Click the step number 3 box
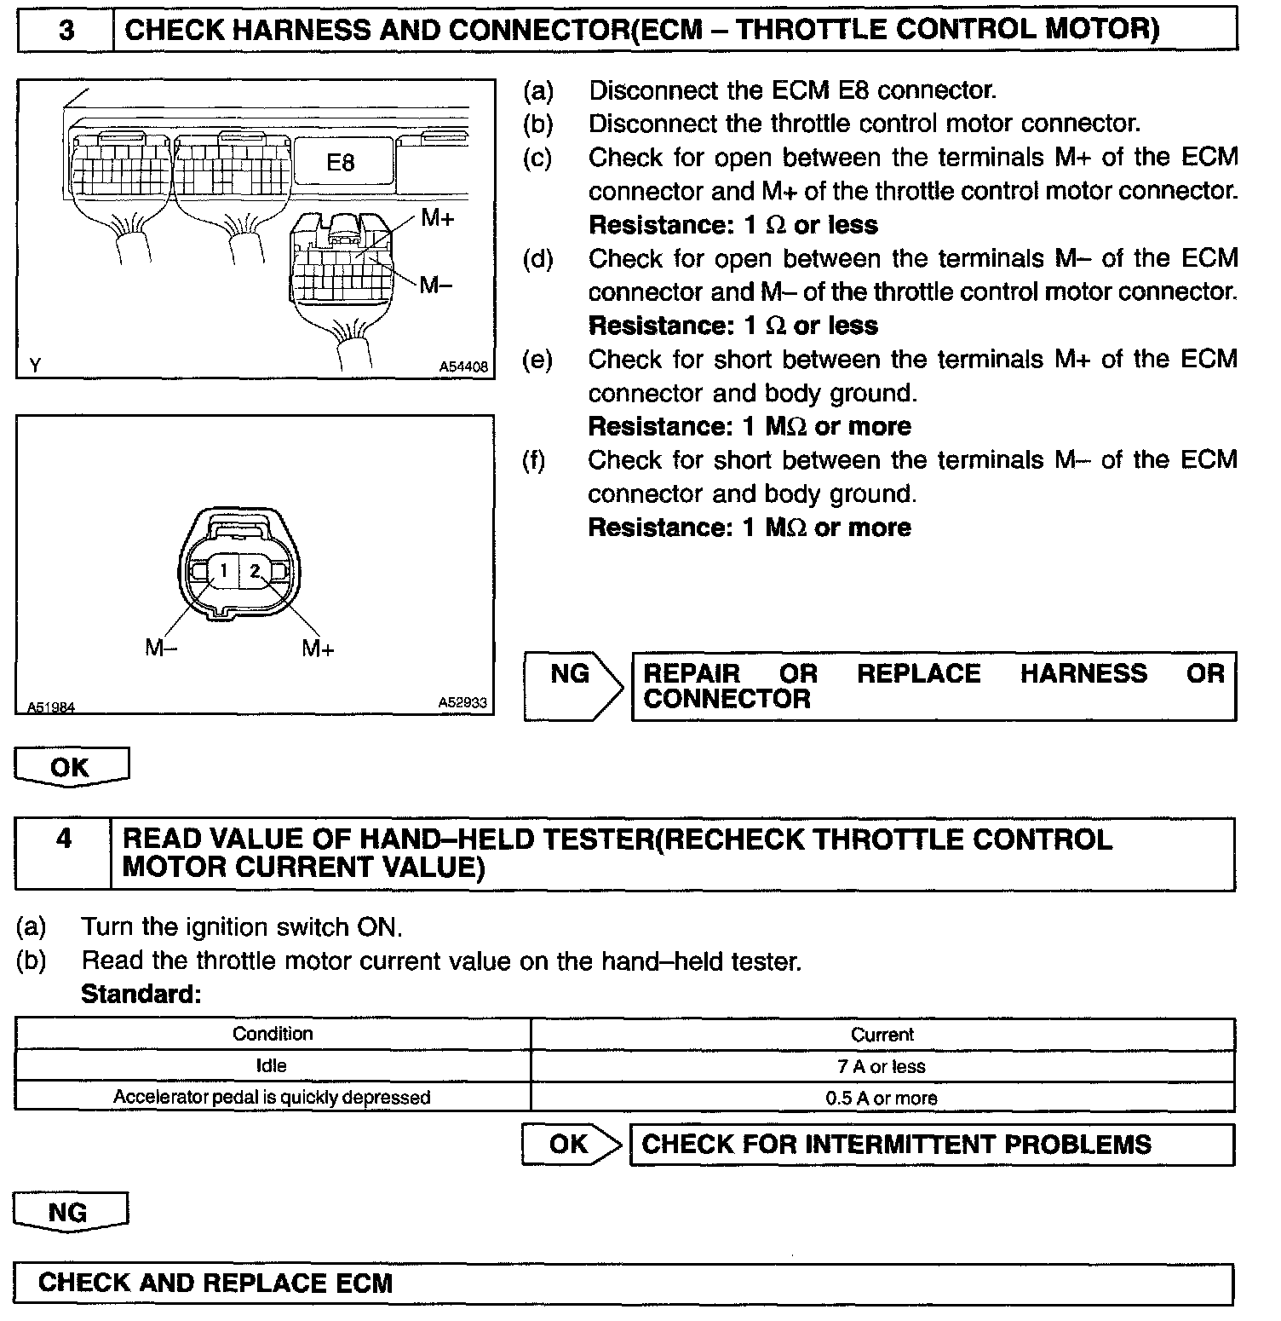(x=66, y=31)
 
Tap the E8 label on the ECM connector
(x=340, y=162)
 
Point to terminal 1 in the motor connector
(x=223, y=569)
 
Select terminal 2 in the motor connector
(x=254, y=569)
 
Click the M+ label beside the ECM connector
(x=438, y=218)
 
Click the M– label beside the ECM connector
(x=435, y=285)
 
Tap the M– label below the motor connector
(x=161, y=649)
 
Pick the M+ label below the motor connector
(x=318, y=649)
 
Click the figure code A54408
(x=463, y=366)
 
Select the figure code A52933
(x=462, y=702)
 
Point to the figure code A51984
(x=50, y=707)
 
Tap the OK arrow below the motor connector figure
(x=71, y=766)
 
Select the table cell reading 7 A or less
(x=882, y=1066)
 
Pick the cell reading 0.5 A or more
(x=882, y=1098)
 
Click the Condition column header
(x=273, y=1034)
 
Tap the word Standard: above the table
(x=141, y=994)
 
